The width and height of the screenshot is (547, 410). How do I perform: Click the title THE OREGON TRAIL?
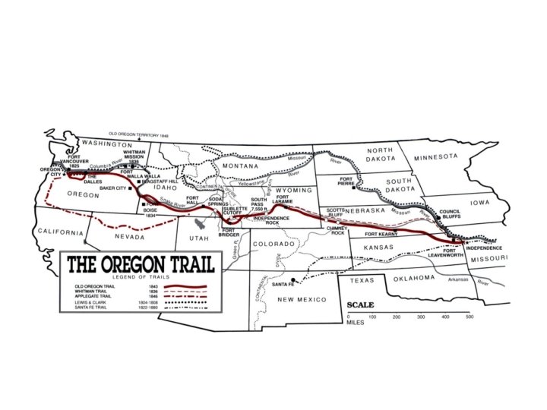[x=141, y=266]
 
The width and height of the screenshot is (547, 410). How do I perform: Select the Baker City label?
[x=111, y=188]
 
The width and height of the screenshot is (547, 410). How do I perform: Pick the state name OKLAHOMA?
[x=413, y=277]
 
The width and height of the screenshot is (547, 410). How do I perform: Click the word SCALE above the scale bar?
[x=360, y=305]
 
